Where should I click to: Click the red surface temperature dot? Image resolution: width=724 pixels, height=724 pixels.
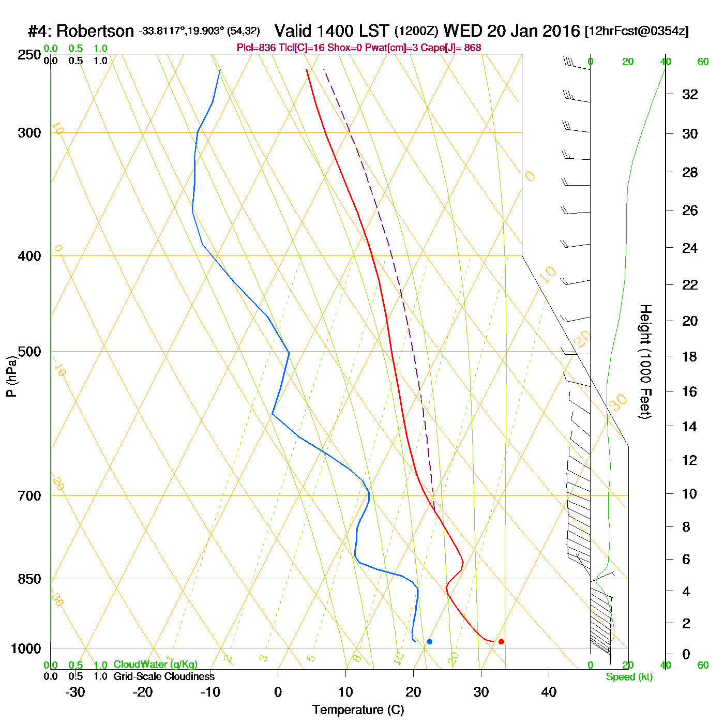tap(501, 642)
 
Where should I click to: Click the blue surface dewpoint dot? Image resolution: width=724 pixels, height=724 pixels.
tap(429, 642)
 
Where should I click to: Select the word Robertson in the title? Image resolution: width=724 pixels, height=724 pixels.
tap(95, 32)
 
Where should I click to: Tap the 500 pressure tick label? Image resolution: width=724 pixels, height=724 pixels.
tap(29, 352)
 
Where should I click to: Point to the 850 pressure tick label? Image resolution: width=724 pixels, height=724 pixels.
tap(29, 579)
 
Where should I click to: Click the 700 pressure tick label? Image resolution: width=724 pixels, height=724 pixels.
tap(29, 495)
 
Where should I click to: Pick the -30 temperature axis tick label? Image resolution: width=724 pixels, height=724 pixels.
tap(75, 692)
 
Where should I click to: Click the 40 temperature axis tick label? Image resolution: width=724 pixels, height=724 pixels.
tap(549, 692)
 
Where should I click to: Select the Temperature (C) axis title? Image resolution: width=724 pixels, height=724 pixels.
tap(358, 710)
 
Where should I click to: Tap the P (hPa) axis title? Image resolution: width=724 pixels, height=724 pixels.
tap(11, 376)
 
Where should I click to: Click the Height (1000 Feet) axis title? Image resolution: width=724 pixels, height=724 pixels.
tap(645, 361)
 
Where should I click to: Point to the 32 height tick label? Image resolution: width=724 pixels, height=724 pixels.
tap(690, 95)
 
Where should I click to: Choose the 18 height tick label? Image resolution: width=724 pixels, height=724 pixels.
tap(690, 356)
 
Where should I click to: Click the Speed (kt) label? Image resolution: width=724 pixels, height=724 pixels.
tap(629, 677)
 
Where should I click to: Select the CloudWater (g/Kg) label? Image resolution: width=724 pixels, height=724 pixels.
tap(155, 665)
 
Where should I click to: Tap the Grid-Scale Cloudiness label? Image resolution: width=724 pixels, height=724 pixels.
tap(164, 676)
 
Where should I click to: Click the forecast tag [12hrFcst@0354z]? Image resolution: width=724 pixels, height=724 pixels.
tap(636, 31)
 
